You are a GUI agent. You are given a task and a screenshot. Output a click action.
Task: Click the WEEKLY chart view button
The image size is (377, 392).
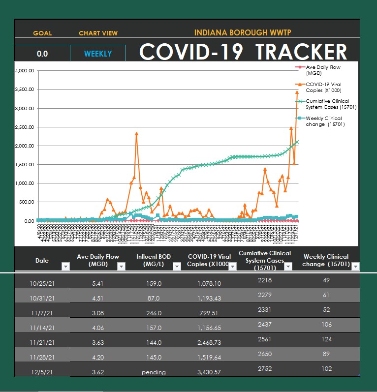point(98,54)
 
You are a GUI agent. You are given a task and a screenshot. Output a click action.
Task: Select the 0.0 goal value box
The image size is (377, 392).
point(42,54)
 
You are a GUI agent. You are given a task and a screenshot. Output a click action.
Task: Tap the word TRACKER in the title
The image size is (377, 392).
point(301,52)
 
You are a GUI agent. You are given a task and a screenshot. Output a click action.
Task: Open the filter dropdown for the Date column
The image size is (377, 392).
point(66,266)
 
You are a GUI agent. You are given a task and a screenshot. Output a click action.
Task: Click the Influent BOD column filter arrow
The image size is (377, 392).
point(177,266)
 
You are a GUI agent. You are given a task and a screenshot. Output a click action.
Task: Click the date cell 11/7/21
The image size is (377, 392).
point(42,313)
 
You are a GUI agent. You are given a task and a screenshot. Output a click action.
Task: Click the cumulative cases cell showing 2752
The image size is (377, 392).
point(264,368)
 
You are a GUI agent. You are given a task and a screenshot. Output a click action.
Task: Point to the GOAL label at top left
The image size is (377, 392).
point(42,33)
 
